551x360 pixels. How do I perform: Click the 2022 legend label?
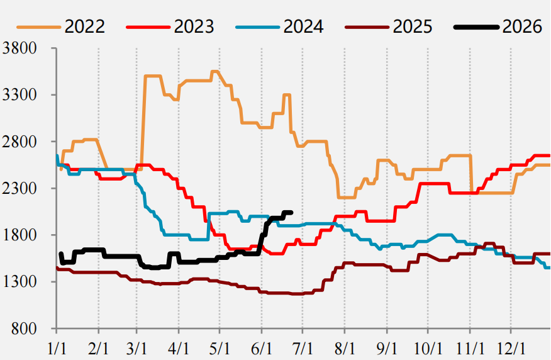click(x=85, y=26)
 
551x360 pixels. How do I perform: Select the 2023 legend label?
click(x=194, y=26)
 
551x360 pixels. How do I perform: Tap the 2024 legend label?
click(x=304, y=26)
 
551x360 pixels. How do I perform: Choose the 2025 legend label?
click(x=413, y=26)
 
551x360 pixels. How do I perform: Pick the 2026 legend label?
click(x=523, y=26)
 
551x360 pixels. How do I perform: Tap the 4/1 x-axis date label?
click(x=179, y=349)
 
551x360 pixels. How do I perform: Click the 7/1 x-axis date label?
click(x=303, y=349)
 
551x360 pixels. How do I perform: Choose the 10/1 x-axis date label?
click(x=428, y=349)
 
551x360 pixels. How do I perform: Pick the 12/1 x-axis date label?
click(x=511, y=349)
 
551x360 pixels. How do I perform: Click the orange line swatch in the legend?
click(x=38, y=26)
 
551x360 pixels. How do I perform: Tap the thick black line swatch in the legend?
click(x=477, y=26)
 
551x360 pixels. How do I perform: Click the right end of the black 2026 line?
click(x=291, y=212)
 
